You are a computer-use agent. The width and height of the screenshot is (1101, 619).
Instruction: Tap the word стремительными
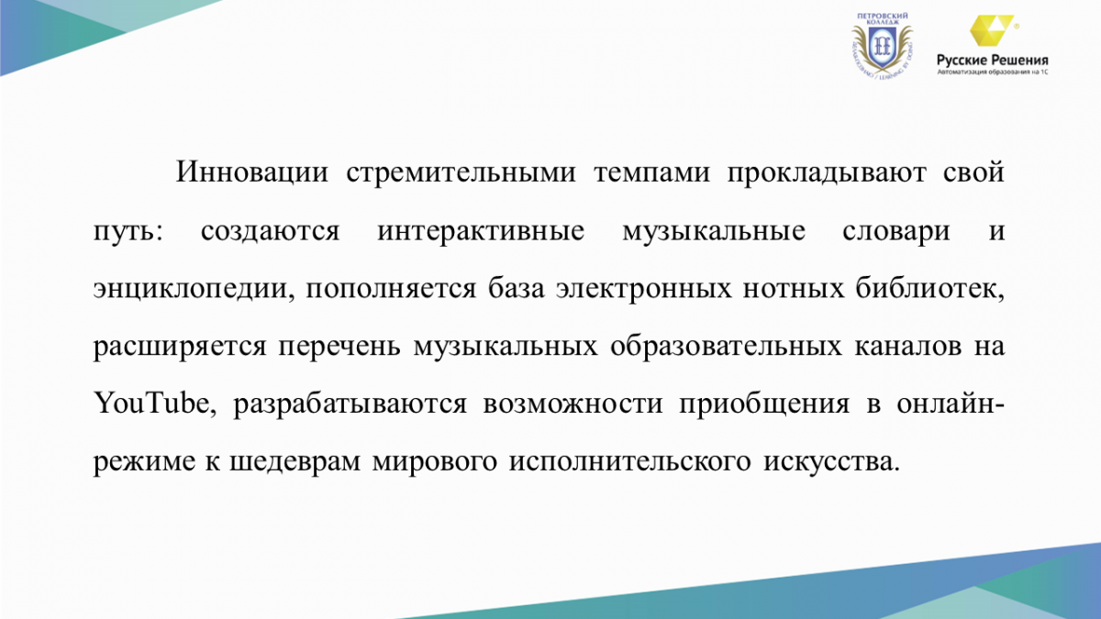click(x=461, y=174)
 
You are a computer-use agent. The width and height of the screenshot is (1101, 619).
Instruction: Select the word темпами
click(x=651, y=174)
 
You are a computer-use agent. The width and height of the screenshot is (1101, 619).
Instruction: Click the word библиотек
click(x=930, y=289)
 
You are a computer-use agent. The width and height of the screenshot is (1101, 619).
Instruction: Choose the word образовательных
click(x=726, y=347)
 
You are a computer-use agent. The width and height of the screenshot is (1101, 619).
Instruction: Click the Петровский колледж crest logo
click(x=883, y=47)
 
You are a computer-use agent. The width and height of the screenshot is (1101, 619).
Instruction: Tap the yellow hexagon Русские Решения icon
click(x=992, y=30)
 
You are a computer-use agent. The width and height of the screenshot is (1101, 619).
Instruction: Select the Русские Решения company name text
click(x=993, y=61)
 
